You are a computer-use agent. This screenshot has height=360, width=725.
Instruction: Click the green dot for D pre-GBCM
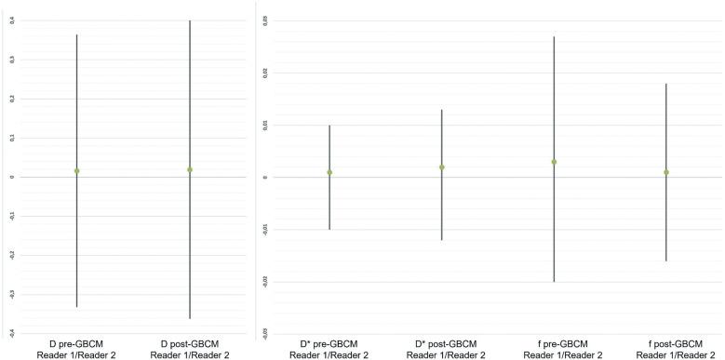tap(76, 171)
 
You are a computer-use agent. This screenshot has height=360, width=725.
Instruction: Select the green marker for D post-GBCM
tap(189, 169)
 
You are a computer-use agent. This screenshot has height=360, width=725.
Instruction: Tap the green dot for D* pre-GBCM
tap(329, 172)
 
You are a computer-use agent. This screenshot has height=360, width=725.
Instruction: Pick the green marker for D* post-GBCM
tap(442, 167)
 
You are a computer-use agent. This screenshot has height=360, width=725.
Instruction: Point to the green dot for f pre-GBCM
tap(554, 162)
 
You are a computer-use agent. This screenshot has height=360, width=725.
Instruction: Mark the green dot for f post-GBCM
tap(666, 172)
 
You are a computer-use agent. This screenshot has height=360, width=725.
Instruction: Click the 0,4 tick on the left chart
tap(8, 20)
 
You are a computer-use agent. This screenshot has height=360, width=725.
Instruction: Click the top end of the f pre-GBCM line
tap(554, 37)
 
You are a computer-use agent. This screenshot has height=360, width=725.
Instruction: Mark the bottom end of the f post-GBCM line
tap(666, 260)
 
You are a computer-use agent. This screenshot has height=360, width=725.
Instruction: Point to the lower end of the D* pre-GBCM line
tap(329, 229)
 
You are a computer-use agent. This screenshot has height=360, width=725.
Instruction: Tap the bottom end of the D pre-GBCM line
tap(76, 306)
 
